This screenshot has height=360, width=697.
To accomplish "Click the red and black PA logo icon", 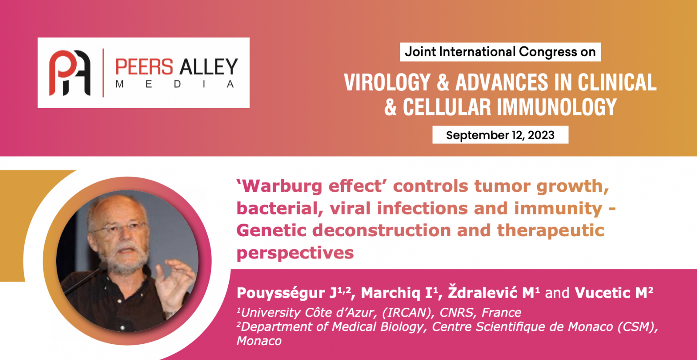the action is pos(70,73).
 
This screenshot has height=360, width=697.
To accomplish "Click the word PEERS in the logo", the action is pos(144,67).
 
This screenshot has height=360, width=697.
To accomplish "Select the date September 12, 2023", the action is pos(501,135).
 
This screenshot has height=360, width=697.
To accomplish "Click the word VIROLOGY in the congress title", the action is pos(387,82).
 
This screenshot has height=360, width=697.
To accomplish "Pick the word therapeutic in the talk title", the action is pos(551,231).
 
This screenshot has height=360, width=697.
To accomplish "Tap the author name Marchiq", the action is pos(390,293).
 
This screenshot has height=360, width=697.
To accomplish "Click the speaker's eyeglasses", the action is pos(118,228).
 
